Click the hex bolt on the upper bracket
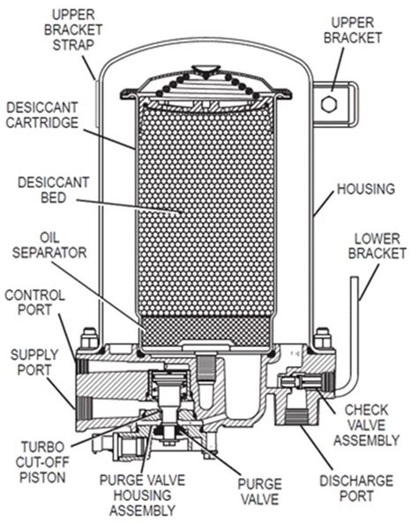329,105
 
